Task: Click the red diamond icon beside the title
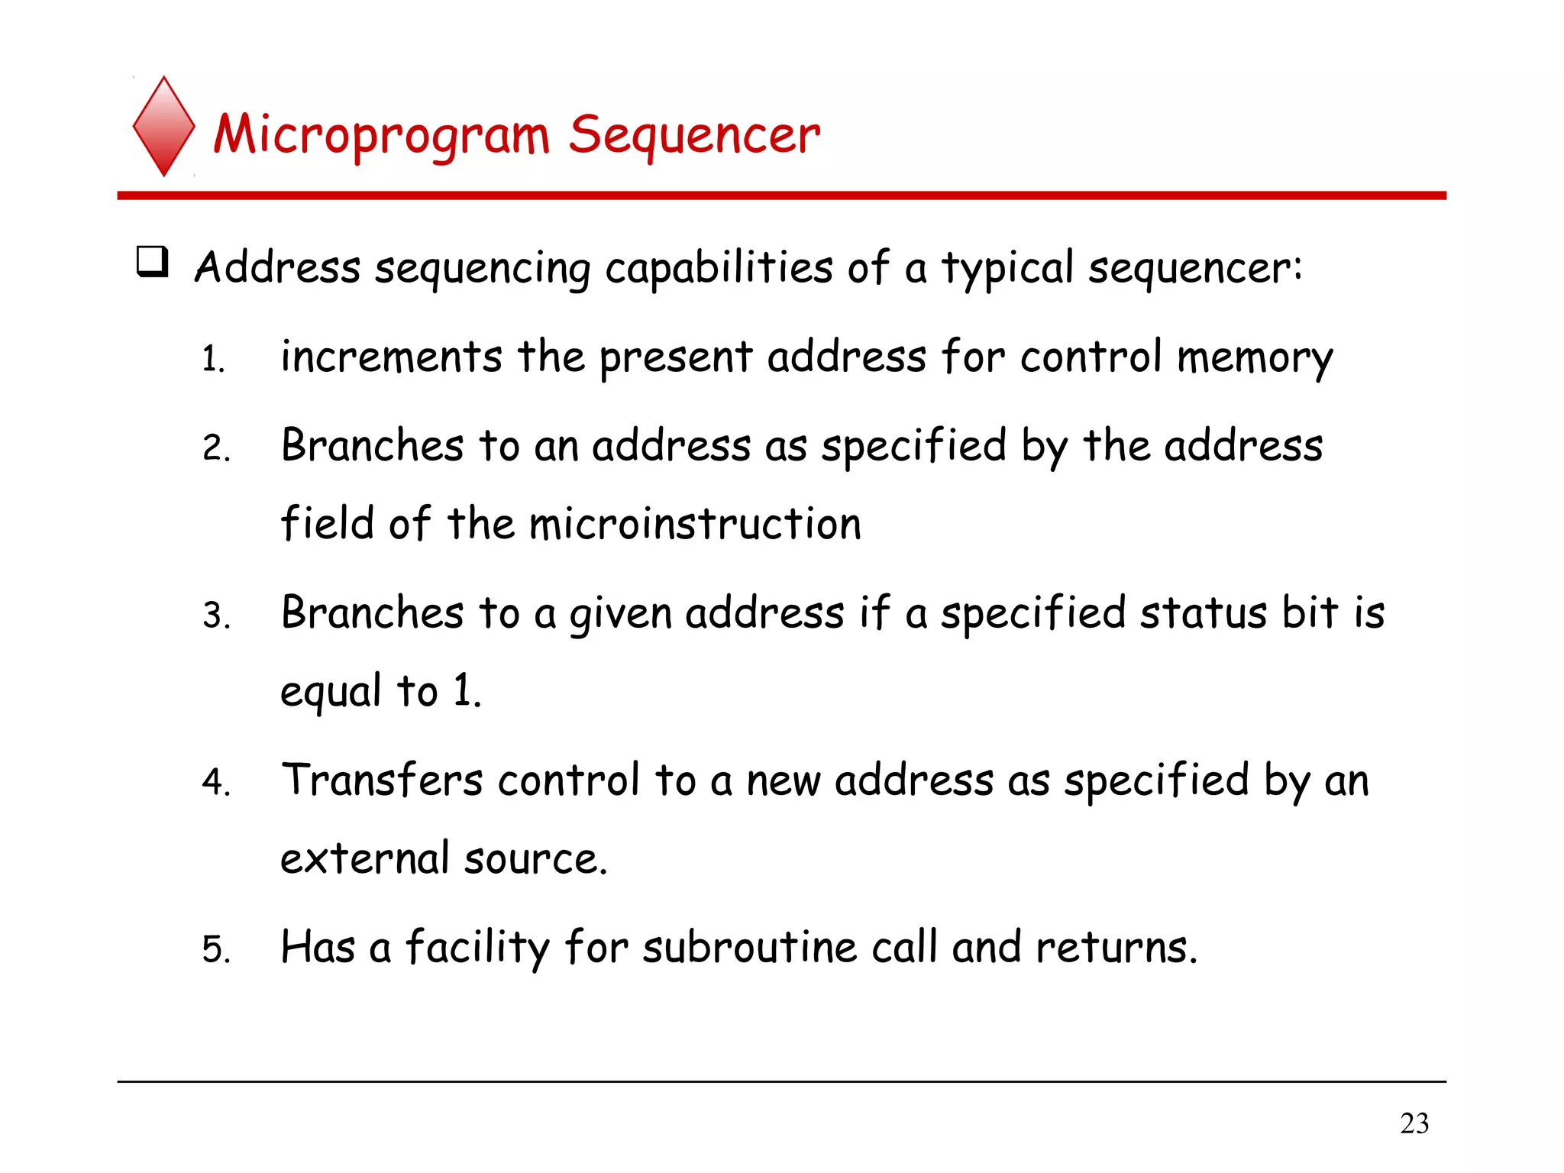[x=163, y=127]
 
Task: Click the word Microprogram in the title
[x=381, y=136]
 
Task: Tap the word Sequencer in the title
[x=694, y=136]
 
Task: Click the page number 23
[x=1414, y=1123]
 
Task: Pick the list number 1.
[x=213, y=360]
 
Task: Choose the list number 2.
[x=215, y=448]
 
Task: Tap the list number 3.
[x=215, y=616]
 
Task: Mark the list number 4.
[x=215, y=783]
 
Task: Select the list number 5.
[x=215, y=949]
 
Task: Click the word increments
[x=391, y=357]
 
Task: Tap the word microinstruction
[x=695, y=524]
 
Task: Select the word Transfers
[x=382, y=780]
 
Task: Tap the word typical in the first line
[x=1007, y=270]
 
